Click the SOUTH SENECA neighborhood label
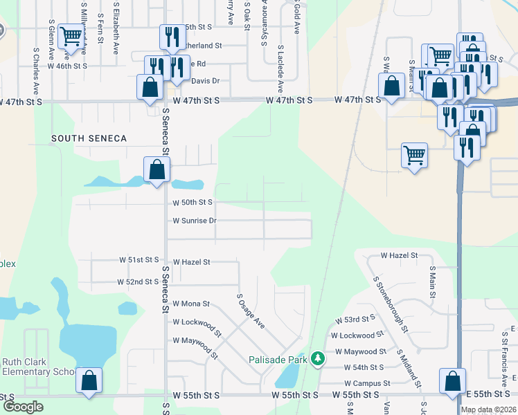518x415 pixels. (89, 138)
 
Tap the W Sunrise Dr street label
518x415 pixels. (195, 221)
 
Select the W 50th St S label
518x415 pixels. (193, 202)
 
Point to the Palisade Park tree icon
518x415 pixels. (318, 359)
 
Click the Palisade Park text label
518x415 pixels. (278, 360)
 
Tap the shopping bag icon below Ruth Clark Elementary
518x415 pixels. (89, 380)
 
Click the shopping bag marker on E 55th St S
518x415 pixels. (452, 381)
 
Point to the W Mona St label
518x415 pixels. (191, 303)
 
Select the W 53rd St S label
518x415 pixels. (355, 320)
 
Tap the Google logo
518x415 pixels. (23, 407)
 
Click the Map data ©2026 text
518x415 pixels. (488, 409)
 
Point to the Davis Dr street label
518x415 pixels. (205, 81)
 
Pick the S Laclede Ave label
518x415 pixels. (280, 69)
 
